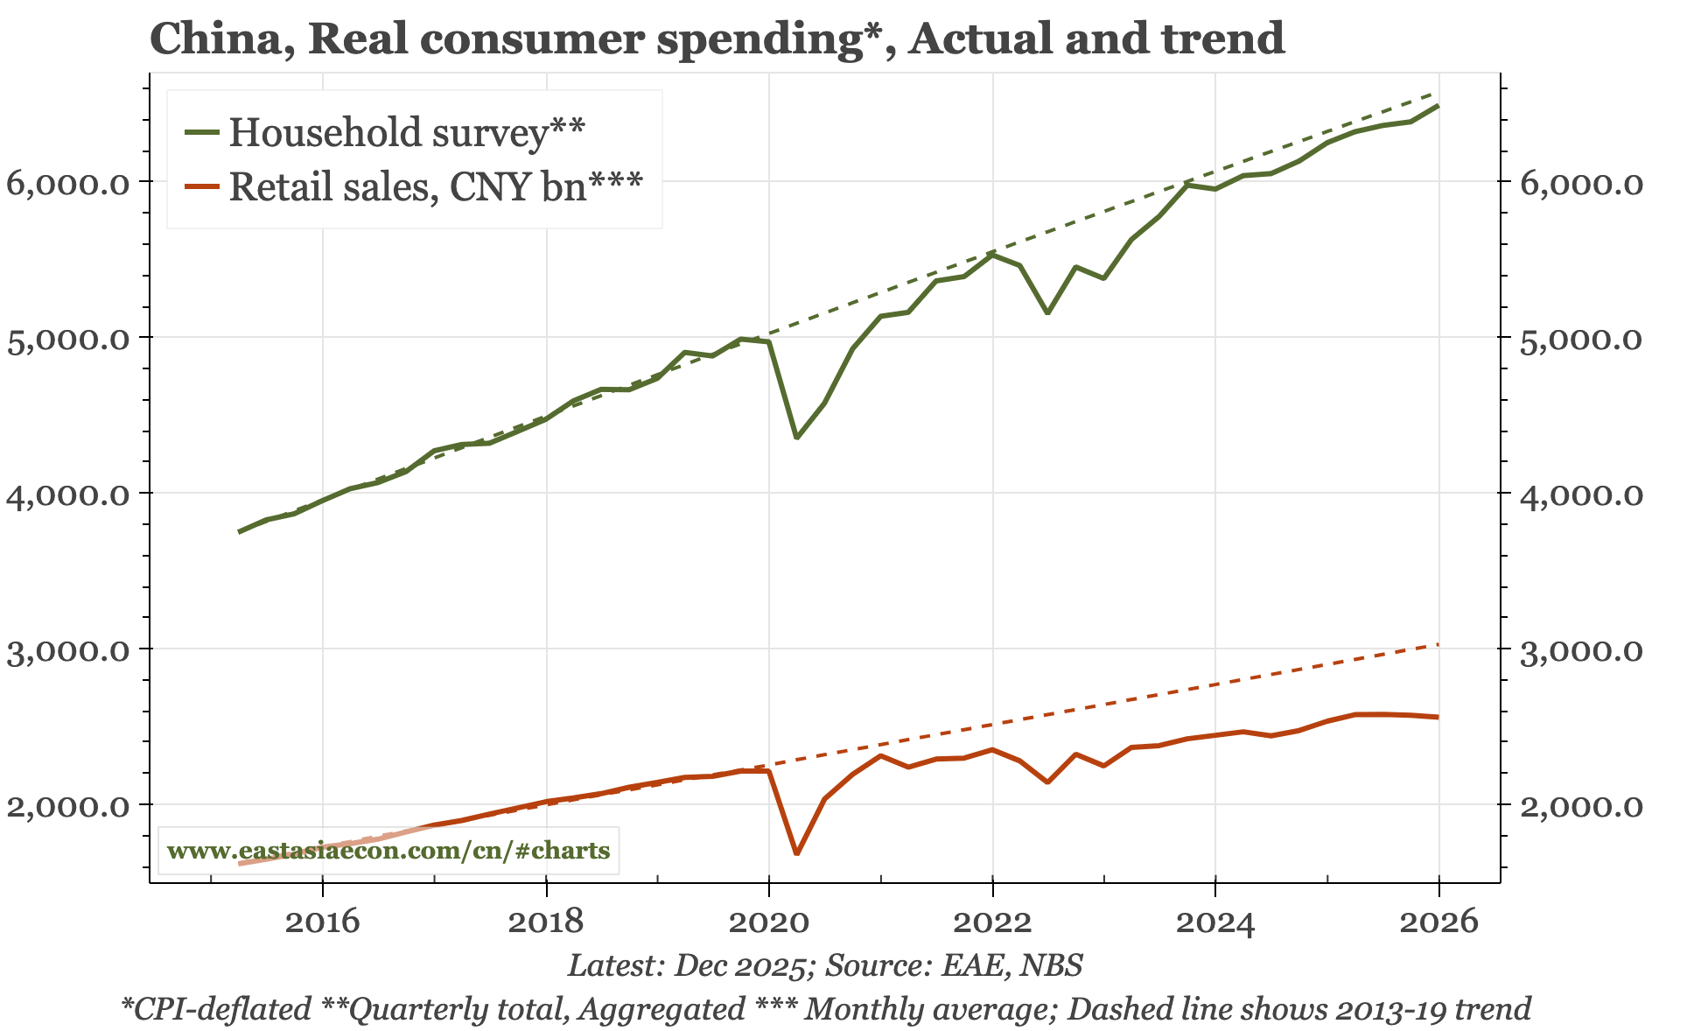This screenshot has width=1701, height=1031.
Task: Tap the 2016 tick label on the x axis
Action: [323, 922]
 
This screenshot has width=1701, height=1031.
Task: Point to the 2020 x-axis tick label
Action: [769, 922]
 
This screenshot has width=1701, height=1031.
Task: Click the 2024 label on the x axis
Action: [1215, 922]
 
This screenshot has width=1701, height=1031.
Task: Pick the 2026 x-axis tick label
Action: [1438, 922]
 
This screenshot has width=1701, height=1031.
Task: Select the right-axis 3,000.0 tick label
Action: [1580, 650]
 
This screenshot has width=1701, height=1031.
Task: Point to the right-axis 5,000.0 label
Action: [1580, 339]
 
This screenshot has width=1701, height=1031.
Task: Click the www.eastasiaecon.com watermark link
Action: [388, 851]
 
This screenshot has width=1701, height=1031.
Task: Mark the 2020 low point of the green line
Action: [796, 438]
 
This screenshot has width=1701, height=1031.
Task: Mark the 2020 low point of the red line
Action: [796, 853]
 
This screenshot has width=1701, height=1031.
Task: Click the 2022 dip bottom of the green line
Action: [1047, 312]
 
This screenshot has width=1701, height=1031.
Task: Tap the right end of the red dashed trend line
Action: [1438, 645]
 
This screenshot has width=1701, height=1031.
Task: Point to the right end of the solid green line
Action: [1438, 106]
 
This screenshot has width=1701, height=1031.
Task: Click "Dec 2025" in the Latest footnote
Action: [740, 965]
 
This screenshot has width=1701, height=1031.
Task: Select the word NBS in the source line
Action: [1054, 965]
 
